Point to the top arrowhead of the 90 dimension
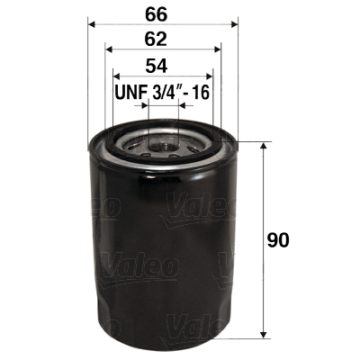tap(262, 147)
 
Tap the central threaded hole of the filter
tap(163, 141)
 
